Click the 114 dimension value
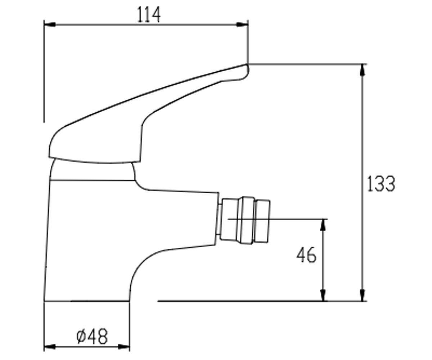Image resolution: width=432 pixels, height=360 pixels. point(149,15)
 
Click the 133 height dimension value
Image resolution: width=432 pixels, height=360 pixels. point(381,184)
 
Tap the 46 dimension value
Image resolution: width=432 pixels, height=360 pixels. point(306,255)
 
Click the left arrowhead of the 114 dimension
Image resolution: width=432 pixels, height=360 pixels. point(50,24)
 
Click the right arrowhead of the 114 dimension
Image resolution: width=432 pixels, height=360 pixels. point(242,24)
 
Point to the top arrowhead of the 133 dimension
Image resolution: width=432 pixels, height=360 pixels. point(362,70)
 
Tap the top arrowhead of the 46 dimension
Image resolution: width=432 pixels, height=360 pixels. point(323,225)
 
